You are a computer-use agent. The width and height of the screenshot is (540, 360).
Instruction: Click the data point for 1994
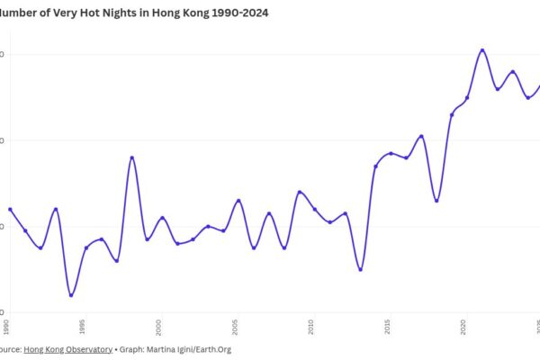point(71,295)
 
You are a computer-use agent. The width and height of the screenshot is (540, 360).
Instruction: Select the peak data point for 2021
point(482,50)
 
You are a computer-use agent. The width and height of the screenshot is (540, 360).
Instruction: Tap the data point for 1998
point(132,157)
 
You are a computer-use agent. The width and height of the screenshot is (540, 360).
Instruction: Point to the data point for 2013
point(360,269)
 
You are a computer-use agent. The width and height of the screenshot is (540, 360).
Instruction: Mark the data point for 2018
point(436,200)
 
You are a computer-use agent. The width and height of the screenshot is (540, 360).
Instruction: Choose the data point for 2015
point(391,153)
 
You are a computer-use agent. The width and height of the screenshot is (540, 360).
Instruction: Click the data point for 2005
point(238,201)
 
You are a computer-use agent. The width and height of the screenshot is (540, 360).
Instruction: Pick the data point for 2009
point(299,192)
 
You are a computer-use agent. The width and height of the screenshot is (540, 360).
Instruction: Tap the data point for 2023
point(513,71)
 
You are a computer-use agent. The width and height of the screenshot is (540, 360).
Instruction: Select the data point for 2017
point(421,136)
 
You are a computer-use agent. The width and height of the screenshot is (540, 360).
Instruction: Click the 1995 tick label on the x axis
point(83,324)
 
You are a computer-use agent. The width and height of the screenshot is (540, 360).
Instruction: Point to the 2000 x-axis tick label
point(159,324)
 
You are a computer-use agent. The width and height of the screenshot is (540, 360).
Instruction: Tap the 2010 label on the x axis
point(311,324)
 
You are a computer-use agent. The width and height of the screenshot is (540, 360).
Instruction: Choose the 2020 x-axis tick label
point(464,324)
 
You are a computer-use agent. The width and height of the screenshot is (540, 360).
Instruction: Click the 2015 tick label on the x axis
point(388,324)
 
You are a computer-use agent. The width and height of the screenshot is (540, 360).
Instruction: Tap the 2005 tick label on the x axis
point(235,324)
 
